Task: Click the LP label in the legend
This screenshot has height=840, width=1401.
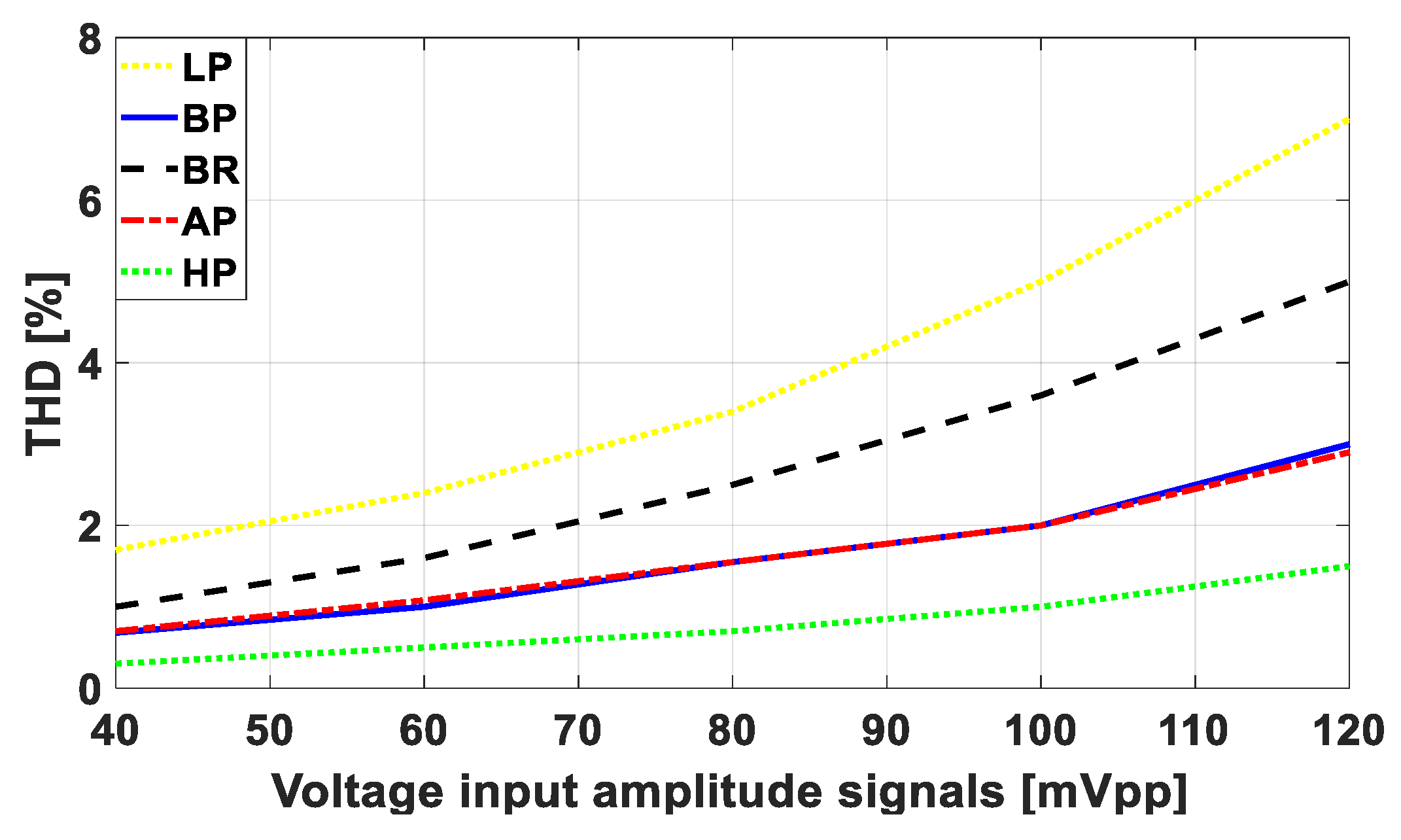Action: pos(207,67)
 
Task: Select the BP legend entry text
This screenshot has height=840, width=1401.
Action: pos(209,119)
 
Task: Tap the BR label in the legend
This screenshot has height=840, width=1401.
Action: pos(211,170)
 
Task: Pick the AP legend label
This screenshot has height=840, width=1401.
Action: pos(209,222)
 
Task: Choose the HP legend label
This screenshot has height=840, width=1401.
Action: pos(209,273)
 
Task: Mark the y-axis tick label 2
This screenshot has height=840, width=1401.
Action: pos(90,527)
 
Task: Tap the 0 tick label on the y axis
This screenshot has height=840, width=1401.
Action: pos(90,690)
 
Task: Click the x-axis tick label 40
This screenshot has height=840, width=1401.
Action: pos(115,731)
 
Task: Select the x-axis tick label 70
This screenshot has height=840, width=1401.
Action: pos(578,731)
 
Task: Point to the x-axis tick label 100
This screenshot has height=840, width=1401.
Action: pos(1040,731)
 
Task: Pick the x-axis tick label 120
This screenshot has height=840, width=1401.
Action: pos(1349,731)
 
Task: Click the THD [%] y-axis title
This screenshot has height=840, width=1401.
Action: pos(46,364)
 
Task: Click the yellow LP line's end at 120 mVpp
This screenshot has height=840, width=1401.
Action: pos(1347,120)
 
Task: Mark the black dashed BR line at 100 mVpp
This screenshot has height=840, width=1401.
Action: pos(1041,395)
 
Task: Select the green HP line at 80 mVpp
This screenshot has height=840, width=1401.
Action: pos(733,631)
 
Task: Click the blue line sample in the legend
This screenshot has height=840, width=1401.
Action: pos(149,118)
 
